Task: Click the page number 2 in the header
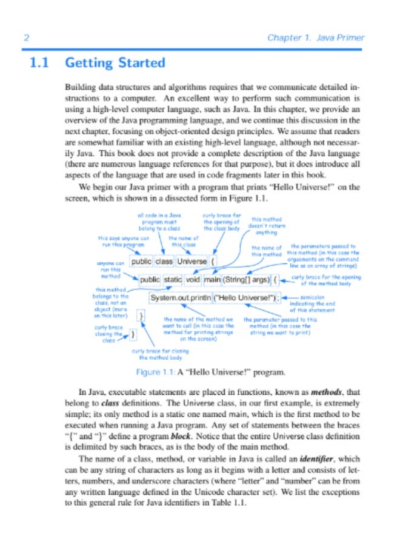(26, 38)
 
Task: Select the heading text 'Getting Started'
(115, 62)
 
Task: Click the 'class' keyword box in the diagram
(164, 262)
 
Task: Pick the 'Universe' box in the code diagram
(192, 262)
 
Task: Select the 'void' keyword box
(193, 280)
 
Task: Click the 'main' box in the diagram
(212, 280)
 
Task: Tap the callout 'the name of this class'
(183, 242)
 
